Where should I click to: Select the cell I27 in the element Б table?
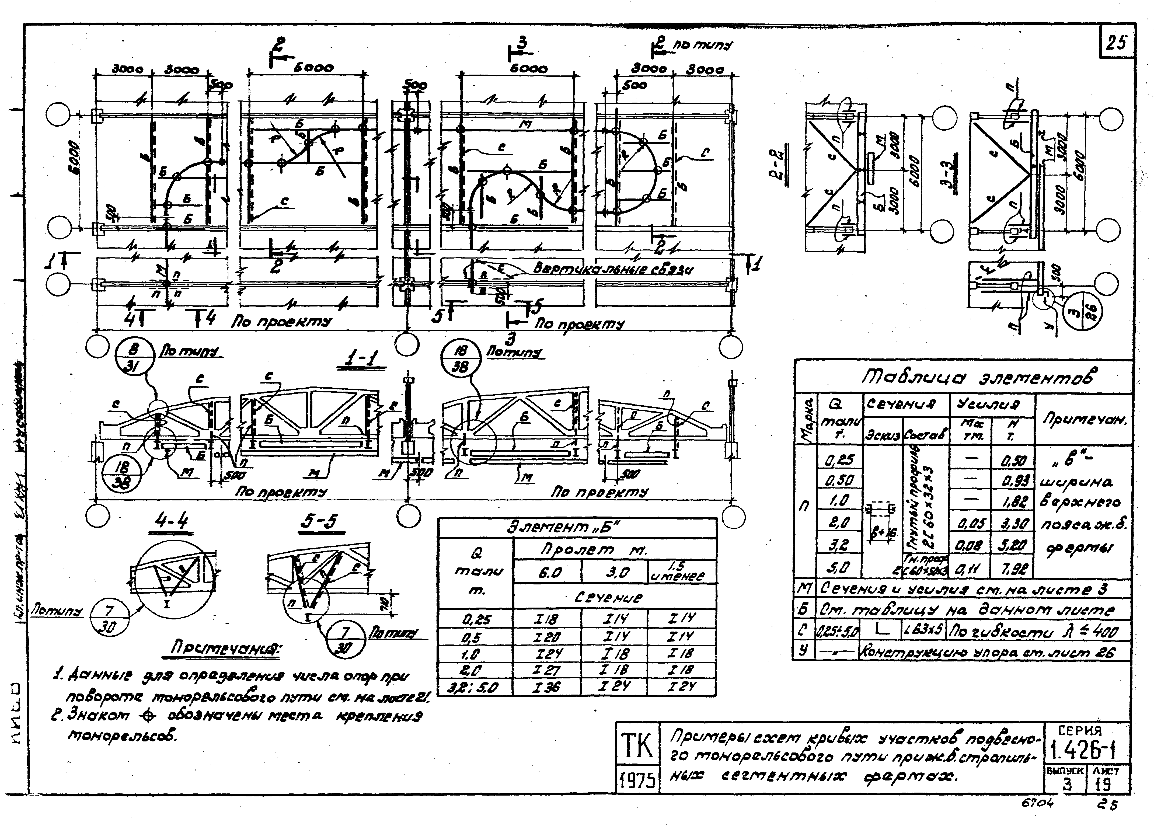coord(547,670)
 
